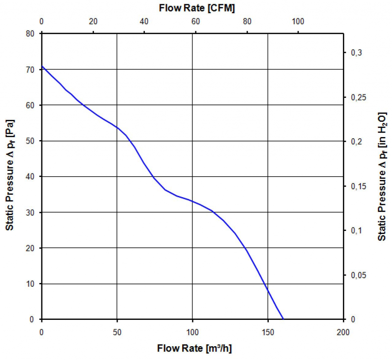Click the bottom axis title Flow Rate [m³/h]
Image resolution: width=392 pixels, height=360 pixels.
click(x=194, y=349)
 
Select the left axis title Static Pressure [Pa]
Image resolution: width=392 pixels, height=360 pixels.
click(x=10, y=175)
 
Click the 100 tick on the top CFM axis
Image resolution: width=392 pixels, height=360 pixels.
click(x=298, y=21)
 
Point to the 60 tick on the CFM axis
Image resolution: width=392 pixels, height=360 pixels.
click(x=196, y=21)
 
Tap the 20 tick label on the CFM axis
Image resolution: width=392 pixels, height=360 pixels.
click(x=93, y=21)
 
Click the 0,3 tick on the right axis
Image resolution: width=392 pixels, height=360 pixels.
click(x=357, y=52)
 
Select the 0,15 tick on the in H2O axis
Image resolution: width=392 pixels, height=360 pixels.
click(x=358, y=186)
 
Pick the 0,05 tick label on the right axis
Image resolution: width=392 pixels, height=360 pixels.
click(x=358, y=275)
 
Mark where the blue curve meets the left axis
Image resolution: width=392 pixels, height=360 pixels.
click(x=42, y=67)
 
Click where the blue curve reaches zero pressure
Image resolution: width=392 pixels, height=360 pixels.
click(x=283, y=319)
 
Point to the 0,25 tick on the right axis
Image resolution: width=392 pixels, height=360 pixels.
click(x=358, y=97)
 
